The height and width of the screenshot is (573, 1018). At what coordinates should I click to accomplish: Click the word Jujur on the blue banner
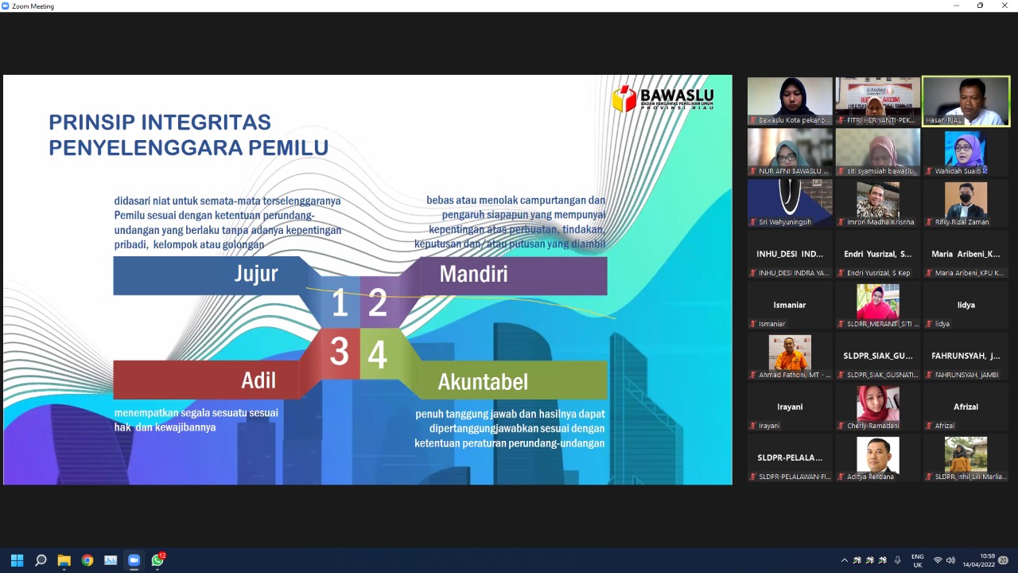coord(255,274)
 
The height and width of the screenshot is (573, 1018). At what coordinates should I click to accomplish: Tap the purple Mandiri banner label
coord(473,274)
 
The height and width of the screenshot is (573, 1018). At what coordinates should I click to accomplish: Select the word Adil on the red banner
coord(258,380)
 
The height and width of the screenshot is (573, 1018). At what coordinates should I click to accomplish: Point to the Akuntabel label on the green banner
coord(483,382)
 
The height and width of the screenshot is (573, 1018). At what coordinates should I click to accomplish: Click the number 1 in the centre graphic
coord(340,303)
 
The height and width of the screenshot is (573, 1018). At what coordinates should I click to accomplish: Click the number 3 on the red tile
coord(340,352)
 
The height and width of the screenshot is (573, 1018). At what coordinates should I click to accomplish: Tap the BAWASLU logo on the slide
coord(662,98)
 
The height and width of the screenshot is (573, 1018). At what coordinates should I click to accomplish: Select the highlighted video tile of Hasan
coord(966,101)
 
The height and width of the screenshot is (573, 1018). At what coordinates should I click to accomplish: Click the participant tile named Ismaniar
coord(790,306)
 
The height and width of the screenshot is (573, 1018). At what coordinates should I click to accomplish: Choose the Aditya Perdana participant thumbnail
coord(877,457)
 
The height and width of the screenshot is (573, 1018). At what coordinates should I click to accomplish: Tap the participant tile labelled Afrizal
coord(966,407)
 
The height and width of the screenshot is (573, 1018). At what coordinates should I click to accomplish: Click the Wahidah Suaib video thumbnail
coord(966,151)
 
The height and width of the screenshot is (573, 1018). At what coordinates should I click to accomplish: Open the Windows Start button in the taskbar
coord(17,560)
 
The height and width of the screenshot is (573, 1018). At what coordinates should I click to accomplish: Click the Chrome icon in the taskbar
coord(87,560)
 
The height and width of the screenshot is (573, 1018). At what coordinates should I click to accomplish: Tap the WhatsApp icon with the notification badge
coord(157,560)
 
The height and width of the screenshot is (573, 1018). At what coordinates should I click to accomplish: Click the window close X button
coord(1003,6)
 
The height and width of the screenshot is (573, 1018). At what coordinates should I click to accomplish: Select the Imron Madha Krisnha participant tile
coord(877,203)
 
